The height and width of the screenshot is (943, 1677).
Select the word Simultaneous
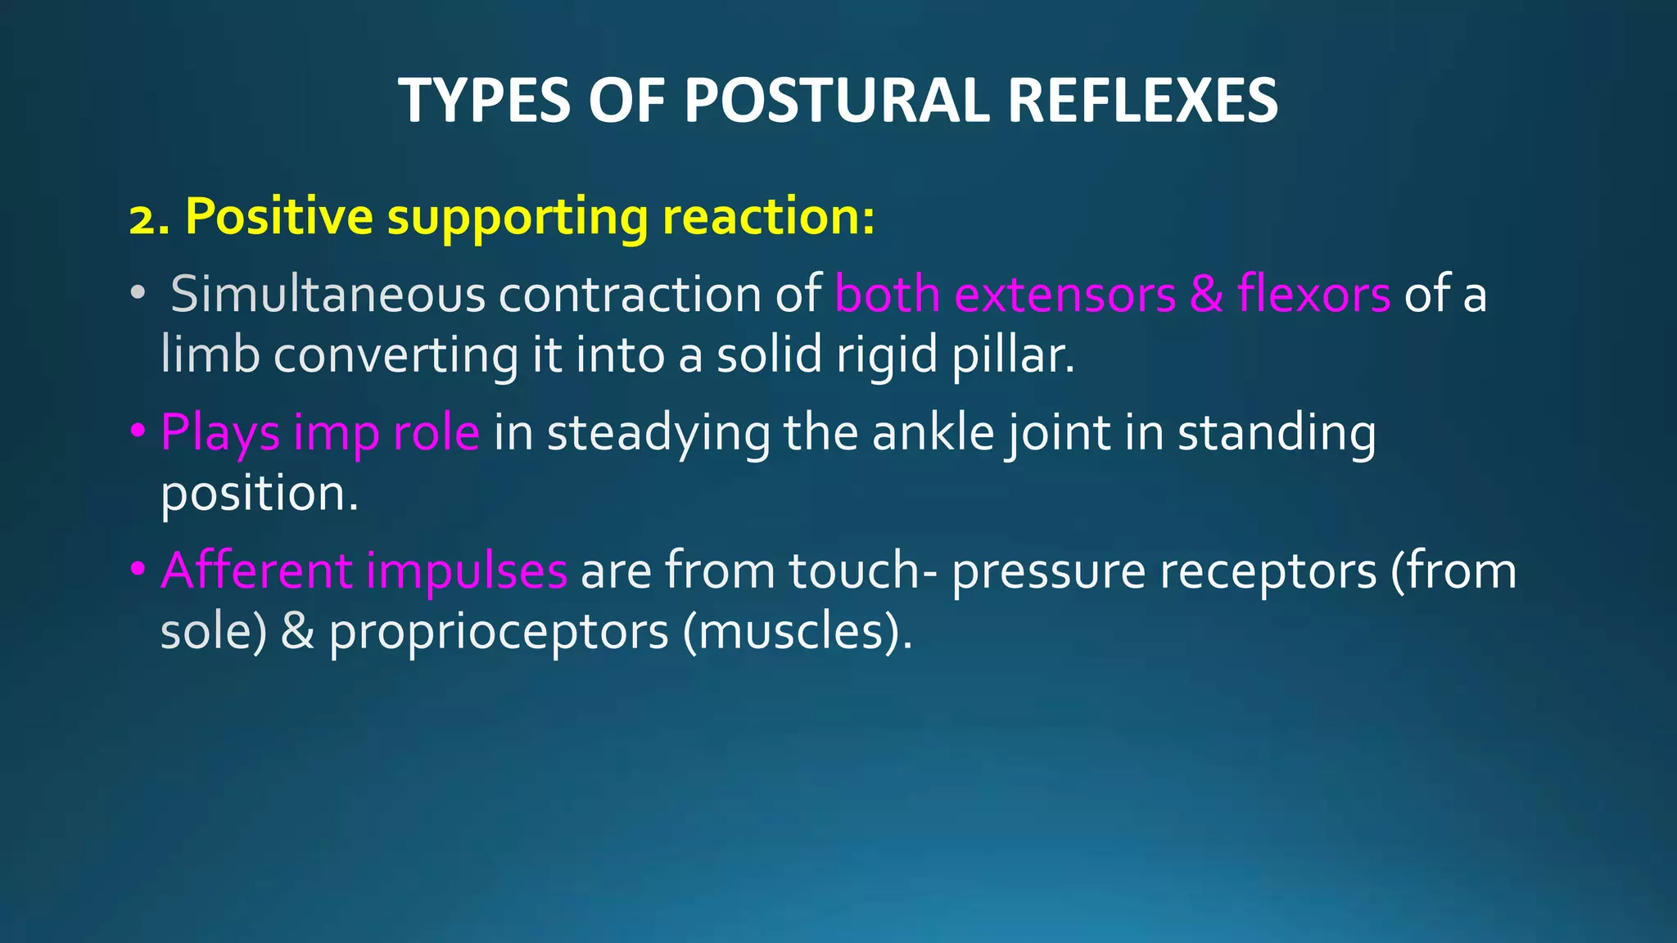pyautogui.click(x=328, y=294)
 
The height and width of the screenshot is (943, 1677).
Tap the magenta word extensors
pyautogui.click(x=1065, y=294)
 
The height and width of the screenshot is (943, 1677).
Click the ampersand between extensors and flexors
pyautogui.click(x=1206, y=294)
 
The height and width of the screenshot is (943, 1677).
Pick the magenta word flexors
pyautogui.click(x=1313, y=294)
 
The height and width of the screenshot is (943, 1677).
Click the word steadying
pyautogui.click(x=658, y=433)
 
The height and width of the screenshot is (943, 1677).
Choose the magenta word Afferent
pyautogui.click(x=256, y=570)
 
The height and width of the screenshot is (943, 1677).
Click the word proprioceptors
pyautogui.click(x=499, y=633)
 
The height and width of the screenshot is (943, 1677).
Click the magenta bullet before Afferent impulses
pyautogui.click(x=138, y=567)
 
